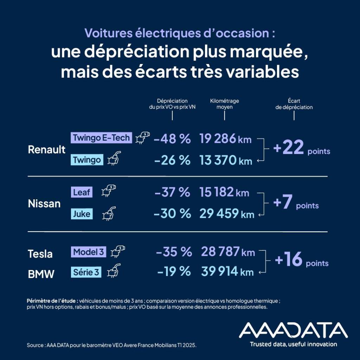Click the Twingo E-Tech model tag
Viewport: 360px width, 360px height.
101,137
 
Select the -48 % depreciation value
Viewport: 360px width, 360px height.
172,139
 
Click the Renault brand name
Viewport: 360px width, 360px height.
47,149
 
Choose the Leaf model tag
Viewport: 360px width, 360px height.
82,192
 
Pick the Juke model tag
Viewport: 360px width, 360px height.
82,214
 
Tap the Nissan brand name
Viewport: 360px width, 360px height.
44,204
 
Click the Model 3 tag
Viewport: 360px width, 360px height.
89,252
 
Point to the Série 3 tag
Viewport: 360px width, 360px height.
86,272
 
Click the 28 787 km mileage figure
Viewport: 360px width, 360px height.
228,252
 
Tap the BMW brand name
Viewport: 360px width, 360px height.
41,274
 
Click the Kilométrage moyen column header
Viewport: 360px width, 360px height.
225,104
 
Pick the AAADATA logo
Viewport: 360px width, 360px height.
293,330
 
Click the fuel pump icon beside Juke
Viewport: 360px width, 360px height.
109,213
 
